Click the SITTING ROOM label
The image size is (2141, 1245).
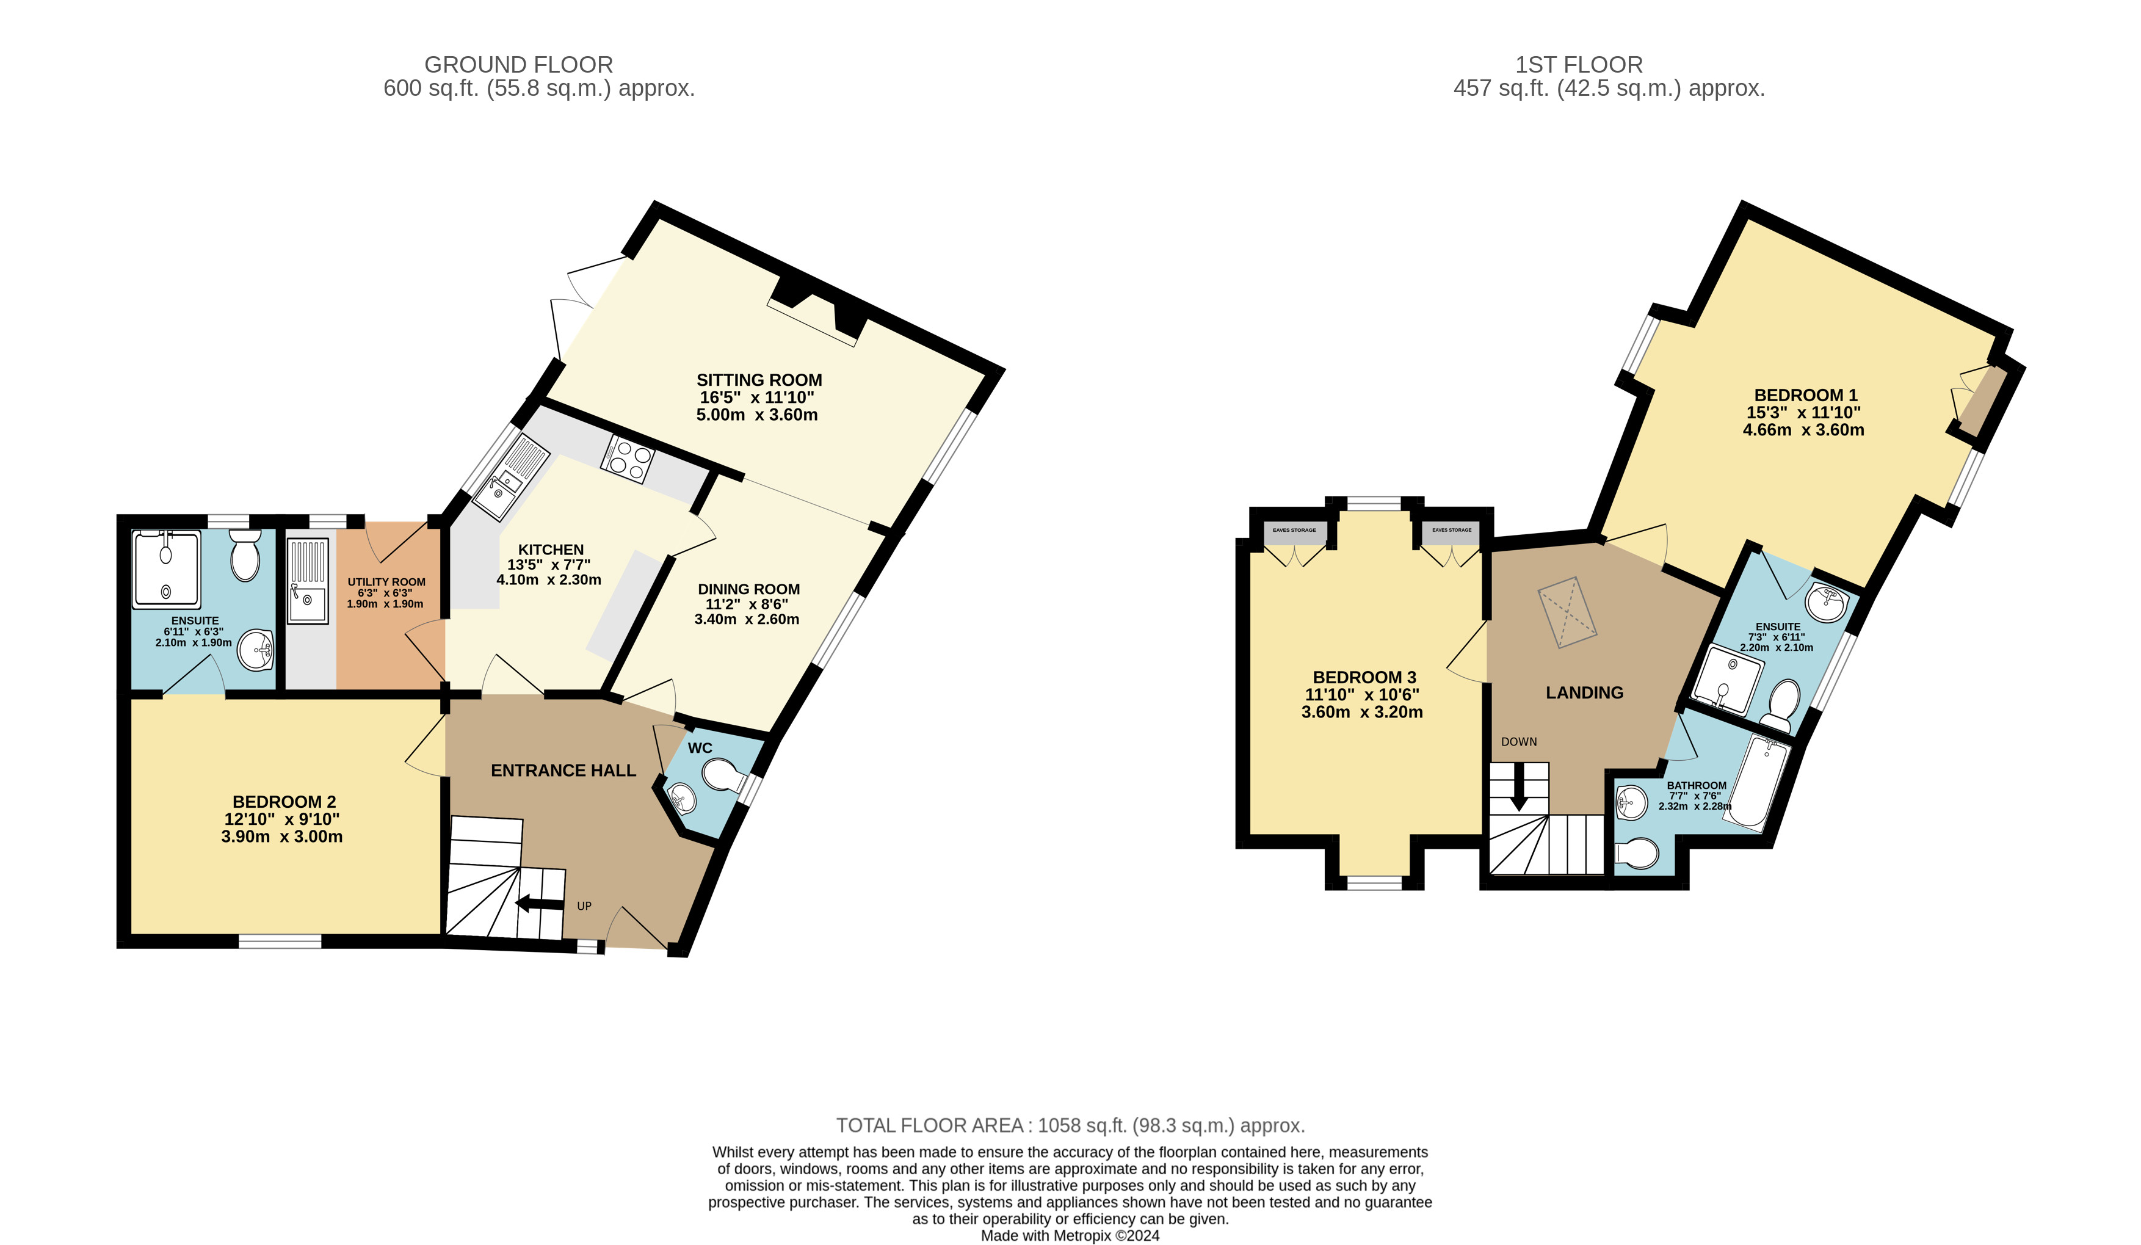pyautogui.click(x=759, y=380)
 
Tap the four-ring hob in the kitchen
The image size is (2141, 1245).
pyautogui.click(x=627, y=460)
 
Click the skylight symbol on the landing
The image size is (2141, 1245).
pyautogui.click(x=1568, y=612)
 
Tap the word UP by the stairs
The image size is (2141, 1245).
pyautogui.click(x=584, y=906)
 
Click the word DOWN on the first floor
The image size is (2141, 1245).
pyautogui.click(x=1519, y=742)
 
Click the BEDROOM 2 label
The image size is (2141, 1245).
pyautogui.click(x=284, y=801)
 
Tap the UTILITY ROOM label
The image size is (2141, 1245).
pyautogui.click(x=386, y=582)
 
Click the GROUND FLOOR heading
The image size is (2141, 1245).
pyautogui.click(x=518, y=65)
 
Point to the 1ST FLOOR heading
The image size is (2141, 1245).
pyautogui.click(x=1579, y=65)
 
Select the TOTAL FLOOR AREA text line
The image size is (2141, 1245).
pyautogui.click(x=1071, y=1125)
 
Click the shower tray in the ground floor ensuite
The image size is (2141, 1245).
pyautogui.click(x=167, y=568)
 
